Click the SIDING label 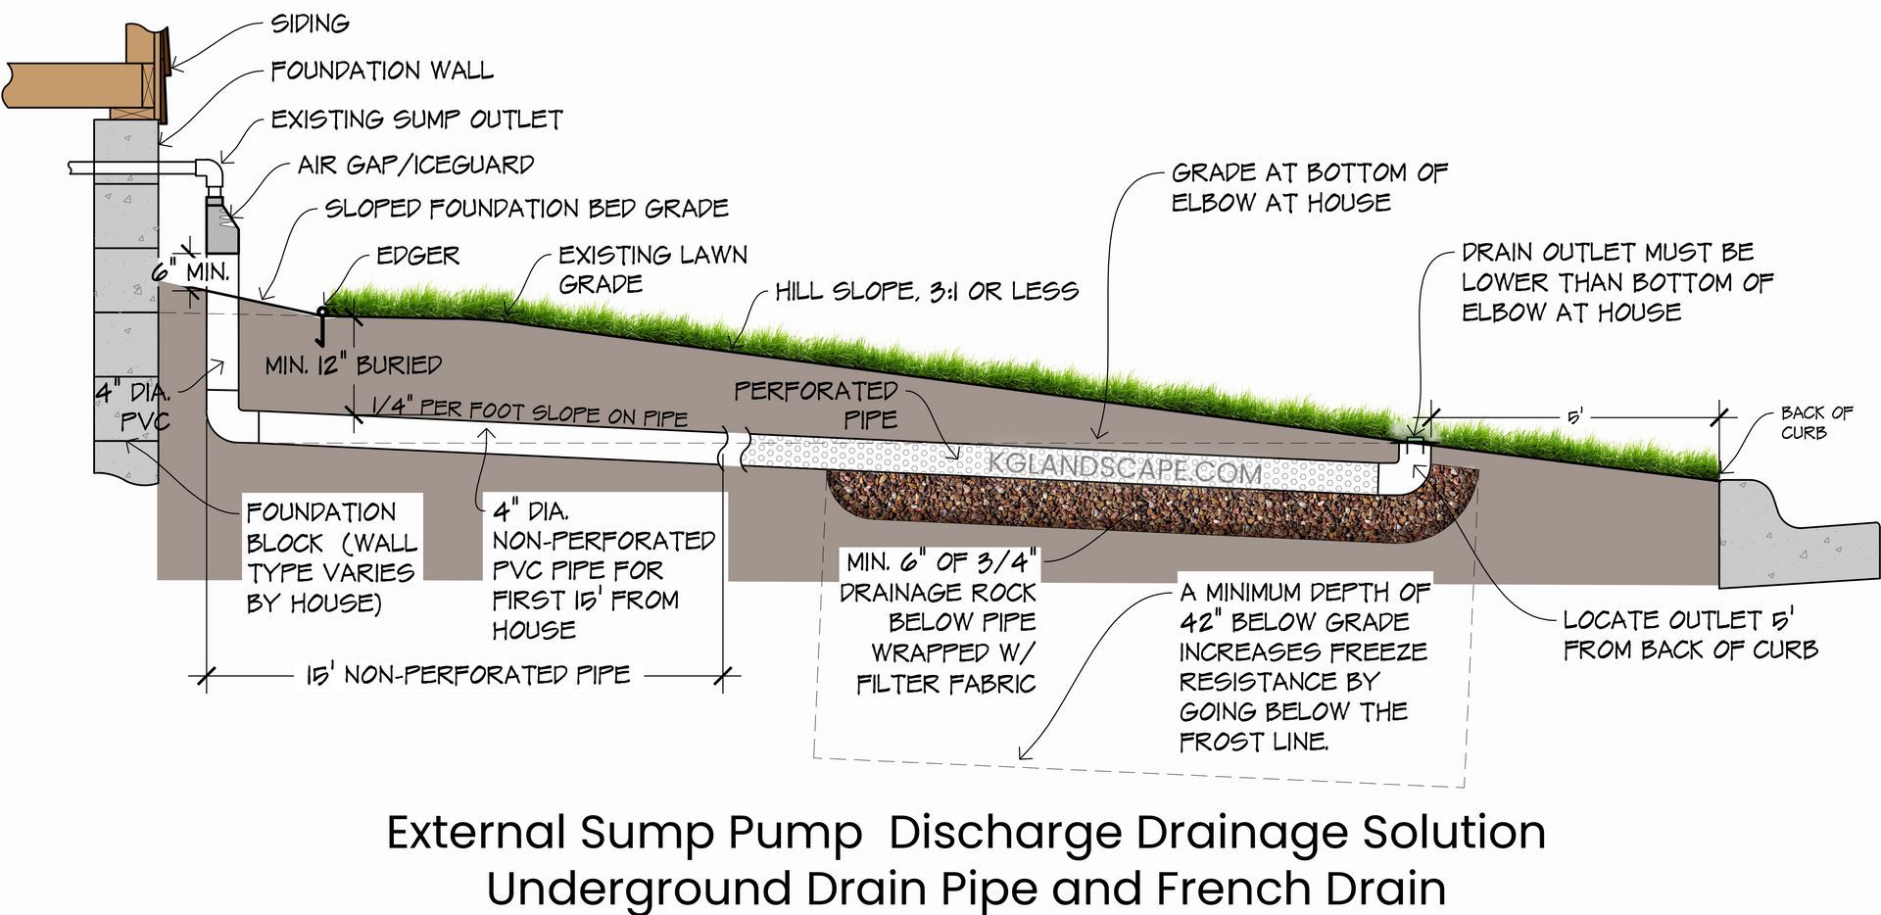tap(310, 24)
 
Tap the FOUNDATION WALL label tap(382, 71)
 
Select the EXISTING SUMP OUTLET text tap(416, 120)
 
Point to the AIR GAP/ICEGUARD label tap(415, 165)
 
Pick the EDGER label tap(418, 256)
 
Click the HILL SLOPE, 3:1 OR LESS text tap(926, 291)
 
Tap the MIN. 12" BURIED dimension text tap(354, 365)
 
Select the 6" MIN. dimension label tap(190, 271)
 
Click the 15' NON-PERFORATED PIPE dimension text tap(467, 675)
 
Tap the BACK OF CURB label tap(1816, 422)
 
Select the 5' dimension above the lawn tap(1575, 417)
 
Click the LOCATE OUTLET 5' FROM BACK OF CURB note tap(1690, 634)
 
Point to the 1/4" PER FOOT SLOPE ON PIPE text tap(529, 411)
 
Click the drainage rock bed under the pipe tap(1127, 514)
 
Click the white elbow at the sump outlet tap(211, 175)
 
